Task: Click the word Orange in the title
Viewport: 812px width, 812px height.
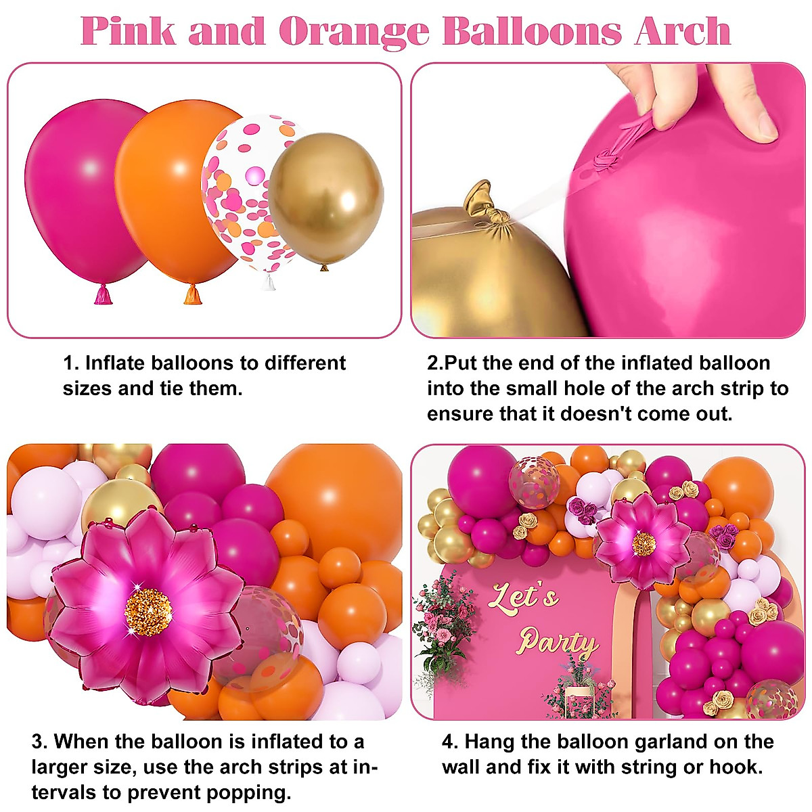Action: (x=354, y=31)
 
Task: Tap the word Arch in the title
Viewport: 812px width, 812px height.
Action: (x=683, y=31)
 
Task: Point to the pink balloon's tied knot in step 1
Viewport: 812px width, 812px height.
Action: (x=103, y=294)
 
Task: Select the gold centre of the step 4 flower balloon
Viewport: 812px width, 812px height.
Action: (x=644, y=543)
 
